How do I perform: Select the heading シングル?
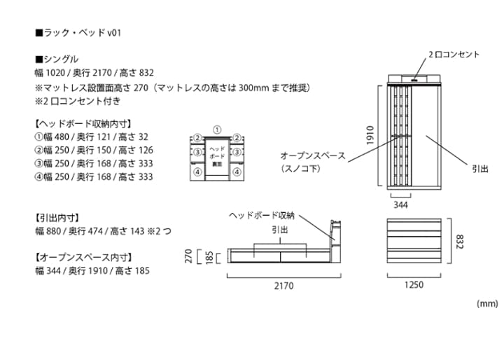click(57, 59)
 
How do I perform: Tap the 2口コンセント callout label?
click(454, 55)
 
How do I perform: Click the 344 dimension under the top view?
click(400, 205)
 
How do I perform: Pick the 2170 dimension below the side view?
click(283, 286)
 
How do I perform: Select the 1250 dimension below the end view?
click(413, 285)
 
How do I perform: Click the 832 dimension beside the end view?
click(459, 240)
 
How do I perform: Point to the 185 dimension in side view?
click(209, 257)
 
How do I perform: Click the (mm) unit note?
click(486, 303)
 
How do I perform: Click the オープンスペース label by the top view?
click(312, 155)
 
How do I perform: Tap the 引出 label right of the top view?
click(479, 169)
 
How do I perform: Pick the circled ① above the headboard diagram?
click(218, 130)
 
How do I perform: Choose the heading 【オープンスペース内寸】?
click(83, 257)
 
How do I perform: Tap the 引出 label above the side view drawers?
click(279, 230)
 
